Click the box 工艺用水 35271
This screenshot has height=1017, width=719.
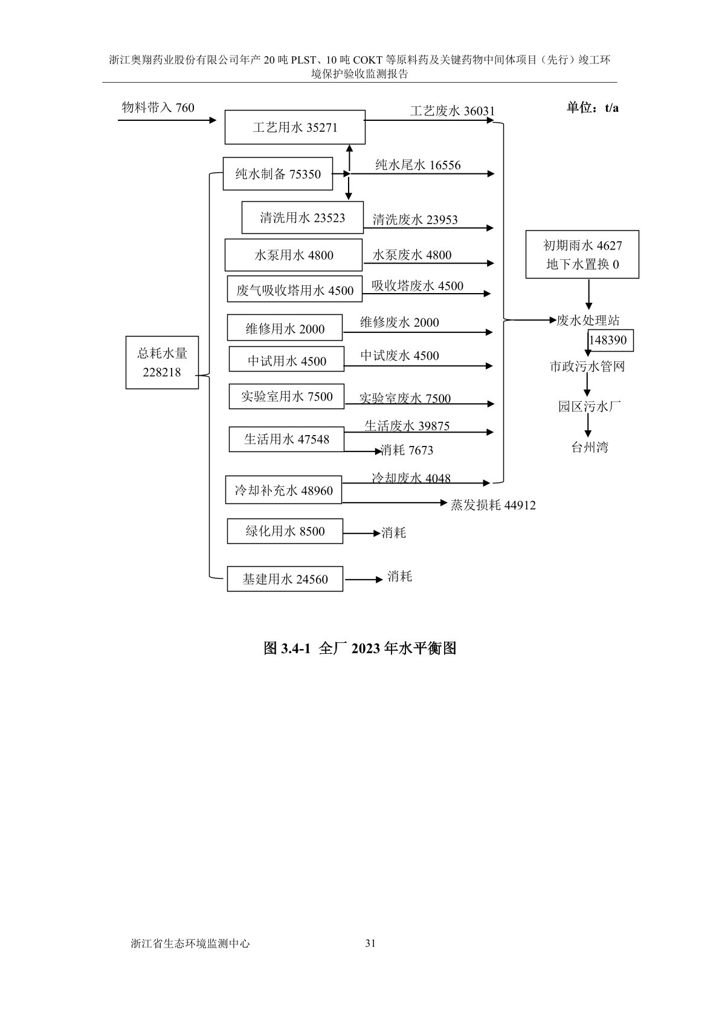295,128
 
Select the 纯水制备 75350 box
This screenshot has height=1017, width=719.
278,174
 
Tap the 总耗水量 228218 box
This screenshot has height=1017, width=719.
162,363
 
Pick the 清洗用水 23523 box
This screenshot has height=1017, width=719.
302,218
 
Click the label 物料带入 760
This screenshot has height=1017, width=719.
158,108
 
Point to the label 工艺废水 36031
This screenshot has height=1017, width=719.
452,111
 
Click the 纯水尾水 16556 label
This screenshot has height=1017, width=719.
418,164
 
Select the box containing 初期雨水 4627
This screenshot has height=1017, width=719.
582,254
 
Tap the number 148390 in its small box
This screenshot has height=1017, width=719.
608,340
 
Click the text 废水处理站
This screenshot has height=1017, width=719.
588,320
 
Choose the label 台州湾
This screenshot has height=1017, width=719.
590,447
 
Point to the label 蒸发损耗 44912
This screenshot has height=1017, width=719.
493,505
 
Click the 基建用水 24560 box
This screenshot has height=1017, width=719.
285,579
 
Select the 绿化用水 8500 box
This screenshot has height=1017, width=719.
285,531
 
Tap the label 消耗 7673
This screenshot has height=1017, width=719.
407,450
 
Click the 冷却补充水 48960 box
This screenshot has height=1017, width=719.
283,491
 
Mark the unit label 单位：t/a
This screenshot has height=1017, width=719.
592,108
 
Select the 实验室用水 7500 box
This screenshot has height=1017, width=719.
286,396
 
